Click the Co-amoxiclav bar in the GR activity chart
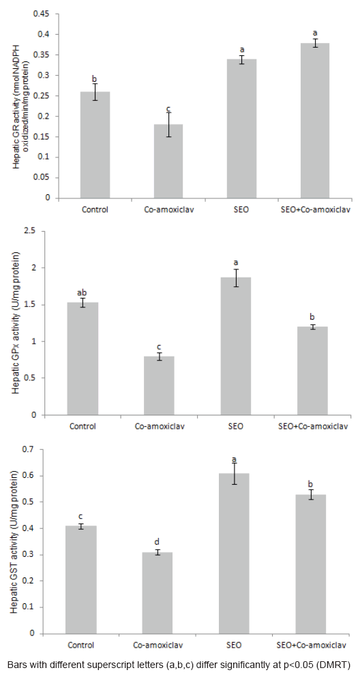pos(169,161)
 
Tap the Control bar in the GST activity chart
pos(80,579)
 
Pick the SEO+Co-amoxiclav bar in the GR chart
pos(316,121)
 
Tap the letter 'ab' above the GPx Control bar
pos(82,292)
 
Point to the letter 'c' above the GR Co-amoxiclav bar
pos(168,108)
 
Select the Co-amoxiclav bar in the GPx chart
pos(160,386)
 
